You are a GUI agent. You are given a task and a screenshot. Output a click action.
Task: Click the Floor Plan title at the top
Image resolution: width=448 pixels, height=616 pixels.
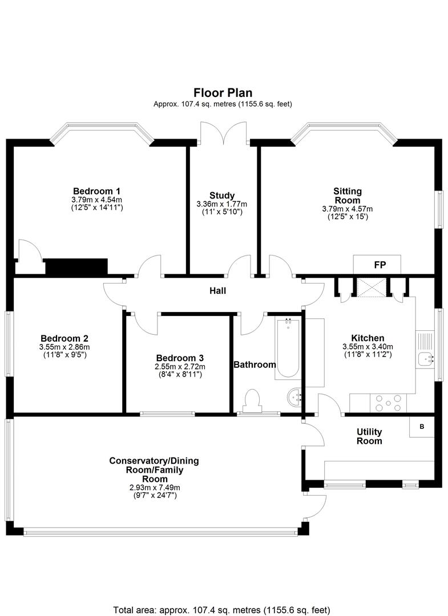pyautogui.click(x=223, y=93)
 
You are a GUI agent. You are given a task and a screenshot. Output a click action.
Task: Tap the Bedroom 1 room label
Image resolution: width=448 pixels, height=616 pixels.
pyautogui.click(x=96, y=191)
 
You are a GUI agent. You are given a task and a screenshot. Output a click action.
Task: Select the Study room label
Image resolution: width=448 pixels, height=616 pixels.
pyautogui.click(x=222, y=195)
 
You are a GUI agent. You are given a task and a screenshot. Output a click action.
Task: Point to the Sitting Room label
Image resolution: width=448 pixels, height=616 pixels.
pyautogui.click(x=348, y=196)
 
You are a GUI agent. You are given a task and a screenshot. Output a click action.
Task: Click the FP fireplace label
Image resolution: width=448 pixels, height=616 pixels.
pyautogui.click(x=380, y=265)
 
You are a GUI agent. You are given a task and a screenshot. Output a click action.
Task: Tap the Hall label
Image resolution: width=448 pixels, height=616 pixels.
pyautogui.click(x=217, y=291)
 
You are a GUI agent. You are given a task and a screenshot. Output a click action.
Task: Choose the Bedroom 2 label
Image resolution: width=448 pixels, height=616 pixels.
pyautogui.click(x=64, y=338)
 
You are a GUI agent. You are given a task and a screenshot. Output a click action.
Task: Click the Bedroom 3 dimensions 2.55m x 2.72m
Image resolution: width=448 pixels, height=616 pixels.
pyautogui.click(x=180, y=367)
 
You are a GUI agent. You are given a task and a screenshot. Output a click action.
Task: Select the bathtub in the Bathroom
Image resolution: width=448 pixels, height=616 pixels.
pyautogui.click(x=287, y=348)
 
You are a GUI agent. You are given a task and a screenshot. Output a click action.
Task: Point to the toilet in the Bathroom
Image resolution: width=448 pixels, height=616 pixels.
pyautogui.click(x=252, y=400)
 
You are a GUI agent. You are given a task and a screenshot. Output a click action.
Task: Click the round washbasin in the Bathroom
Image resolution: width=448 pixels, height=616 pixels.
pyautogui.click(x=294, y=398)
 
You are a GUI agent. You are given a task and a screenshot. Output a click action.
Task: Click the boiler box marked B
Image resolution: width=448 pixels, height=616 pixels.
pyautogui.click(x=422, y=426)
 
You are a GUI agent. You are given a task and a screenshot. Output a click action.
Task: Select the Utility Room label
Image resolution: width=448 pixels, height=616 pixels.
pyautogui.click(x=369, y=436)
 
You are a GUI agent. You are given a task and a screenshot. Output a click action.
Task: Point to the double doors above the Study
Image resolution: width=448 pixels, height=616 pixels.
pyautogui.click(x=223, y=133)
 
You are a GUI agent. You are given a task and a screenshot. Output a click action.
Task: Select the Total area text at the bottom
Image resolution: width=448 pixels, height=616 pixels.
pyautogui.click(x=221, y=610)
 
